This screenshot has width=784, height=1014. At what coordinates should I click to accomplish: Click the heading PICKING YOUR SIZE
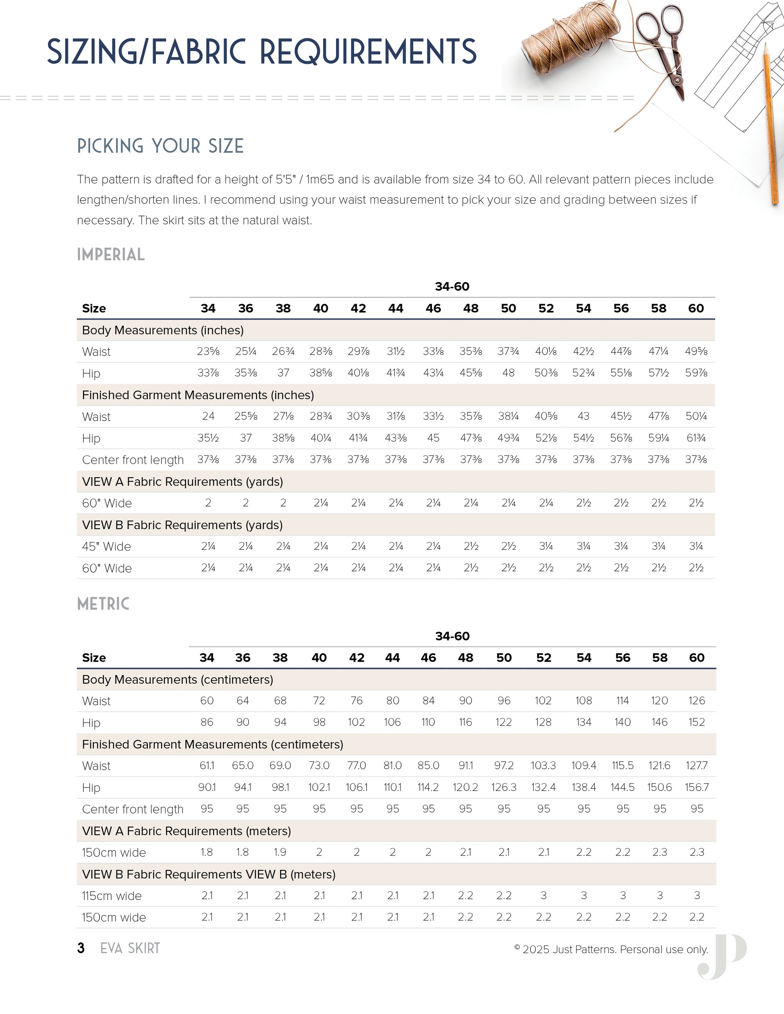160,146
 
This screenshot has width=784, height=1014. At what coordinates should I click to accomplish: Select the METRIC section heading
103,604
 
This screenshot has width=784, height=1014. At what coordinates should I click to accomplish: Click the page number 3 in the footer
81,948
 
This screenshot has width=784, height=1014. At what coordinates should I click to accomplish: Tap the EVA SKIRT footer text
130,948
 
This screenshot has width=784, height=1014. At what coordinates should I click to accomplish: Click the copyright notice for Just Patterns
611,950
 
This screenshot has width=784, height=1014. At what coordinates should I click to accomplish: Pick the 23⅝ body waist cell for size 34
208,352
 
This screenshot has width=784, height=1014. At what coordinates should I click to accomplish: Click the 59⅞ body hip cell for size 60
696,373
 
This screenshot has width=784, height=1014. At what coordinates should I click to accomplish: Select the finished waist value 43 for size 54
583,416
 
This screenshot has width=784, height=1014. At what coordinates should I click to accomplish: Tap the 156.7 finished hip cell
697,787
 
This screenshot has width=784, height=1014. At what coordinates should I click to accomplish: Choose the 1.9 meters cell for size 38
280,853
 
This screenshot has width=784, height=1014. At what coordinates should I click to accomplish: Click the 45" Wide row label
106,546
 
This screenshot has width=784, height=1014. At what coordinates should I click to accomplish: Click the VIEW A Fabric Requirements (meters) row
187,831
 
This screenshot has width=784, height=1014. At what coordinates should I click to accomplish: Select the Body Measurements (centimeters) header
177,680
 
